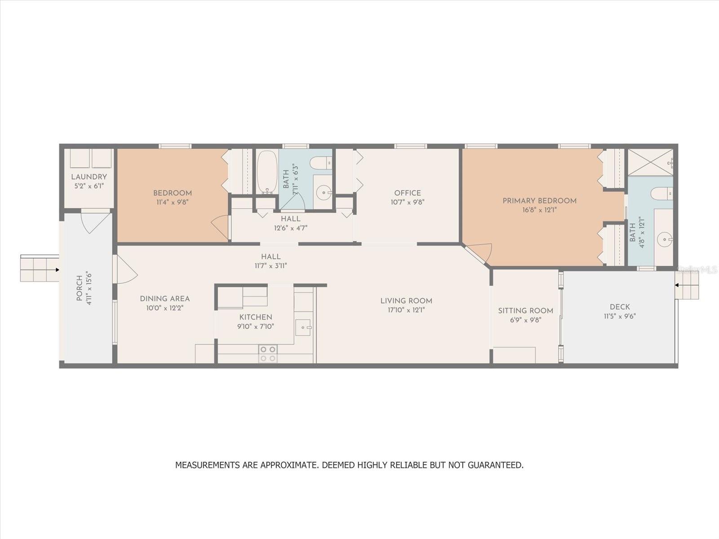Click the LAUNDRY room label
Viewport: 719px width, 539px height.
(89, 177)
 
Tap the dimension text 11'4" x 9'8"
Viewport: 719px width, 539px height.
(172, 202)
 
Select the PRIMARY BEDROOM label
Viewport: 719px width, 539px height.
(540, 201)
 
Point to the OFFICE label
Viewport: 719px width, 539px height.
(408, 193)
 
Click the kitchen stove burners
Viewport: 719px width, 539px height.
(268, 354)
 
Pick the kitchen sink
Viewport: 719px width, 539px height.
(304, 327)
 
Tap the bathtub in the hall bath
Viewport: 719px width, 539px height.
(267, 172)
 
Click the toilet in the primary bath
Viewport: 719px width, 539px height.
(661, 194)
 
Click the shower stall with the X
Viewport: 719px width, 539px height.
(650, 162)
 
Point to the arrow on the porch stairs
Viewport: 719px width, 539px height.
(57, 270)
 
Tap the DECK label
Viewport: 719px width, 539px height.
(620, 307)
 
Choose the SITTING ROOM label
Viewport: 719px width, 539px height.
(525, 311)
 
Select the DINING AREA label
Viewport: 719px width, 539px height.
(165, 299)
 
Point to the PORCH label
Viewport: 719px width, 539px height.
(79, 288)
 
